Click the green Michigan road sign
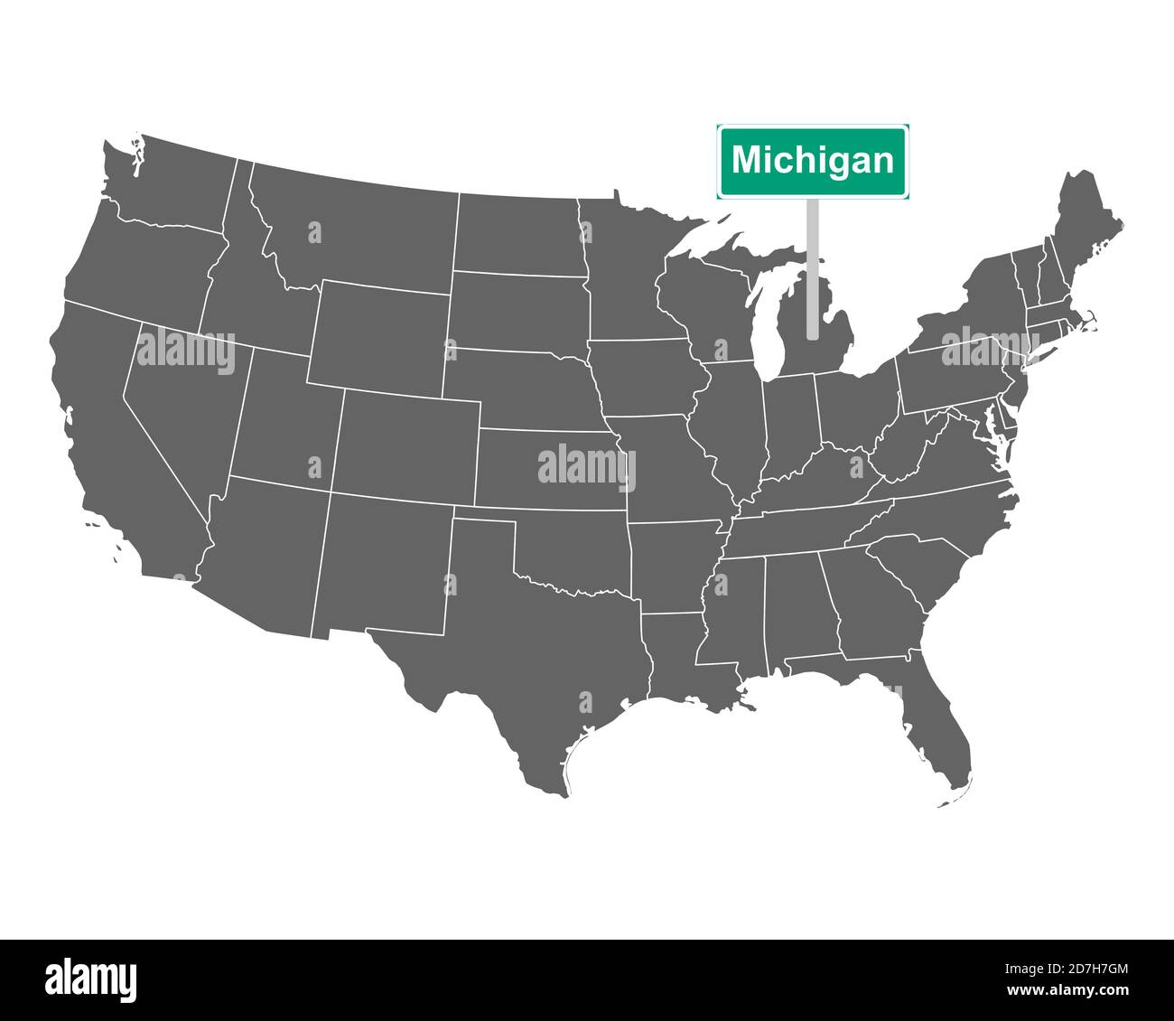[x=813, y=161]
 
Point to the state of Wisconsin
[x=704, y=298]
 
